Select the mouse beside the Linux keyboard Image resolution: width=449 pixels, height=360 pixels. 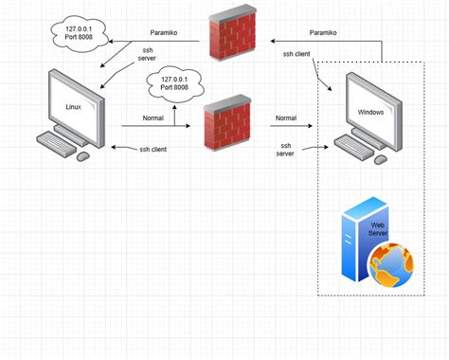(x=83, y=154)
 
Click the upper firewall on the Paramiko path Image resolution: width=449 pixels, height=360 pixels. (x=230, y=38)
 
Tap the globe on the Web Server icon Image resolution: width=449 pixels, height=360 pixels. (x=389, y=264)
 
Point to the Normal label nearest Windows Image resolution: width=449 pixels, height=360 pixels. (x=286, y=118)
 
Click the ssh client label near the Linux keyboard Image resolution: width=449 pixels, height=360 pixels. (x=153, y=149)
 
